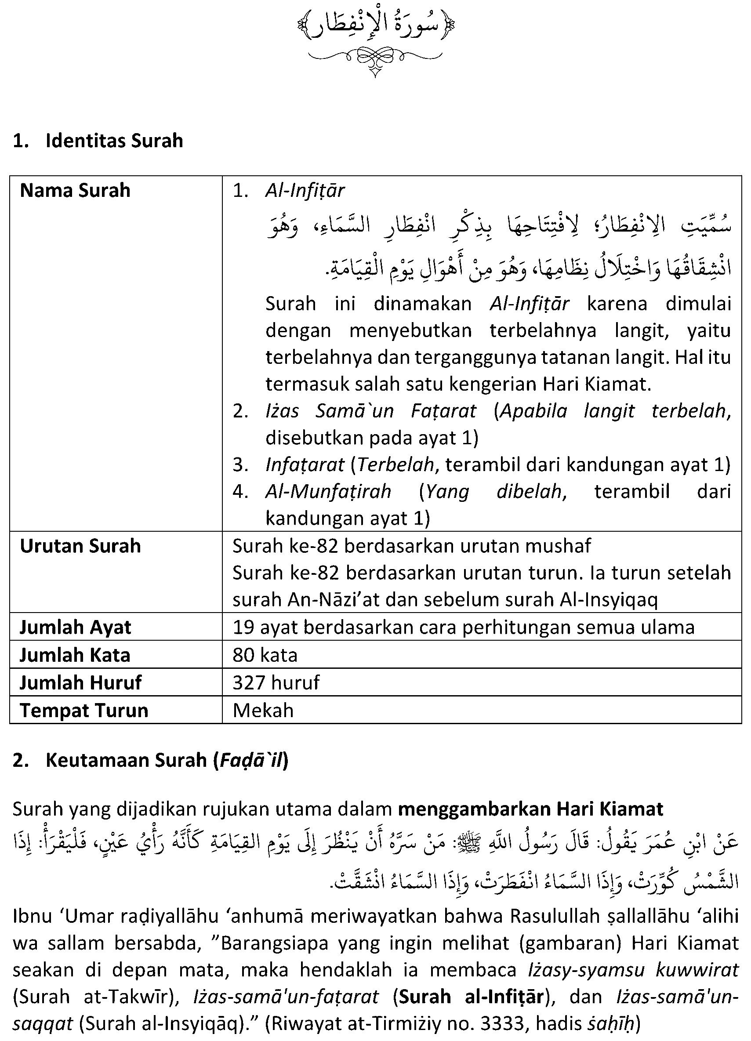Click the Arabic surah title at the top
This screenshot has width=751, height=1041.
(375, 27)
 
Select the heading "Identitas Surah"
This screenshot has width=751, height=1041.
(114, 141)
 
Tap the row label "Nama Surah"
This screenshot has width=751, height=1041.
(75, 190)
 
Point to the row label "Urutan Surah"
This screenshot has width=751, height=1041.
(80, 546)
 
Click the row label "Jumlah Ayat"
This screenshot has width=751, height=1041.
(75, 628)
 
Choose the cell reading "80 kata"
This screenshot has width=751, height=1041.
(265, 655)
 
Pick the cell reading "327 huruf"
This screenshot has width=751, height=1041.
(276, 682)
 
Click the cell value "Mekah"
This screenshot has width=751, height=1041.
(263, 711)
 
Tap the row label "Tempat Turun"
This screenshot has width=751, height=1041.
(84, 711)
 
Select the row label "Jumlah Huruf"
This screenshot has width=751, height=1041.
(81, 682)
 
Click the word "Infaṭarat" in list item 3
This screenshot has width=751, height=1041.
(305, 465)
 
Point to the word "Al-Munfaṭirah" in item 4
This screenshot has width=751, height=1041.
(328, 492)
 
